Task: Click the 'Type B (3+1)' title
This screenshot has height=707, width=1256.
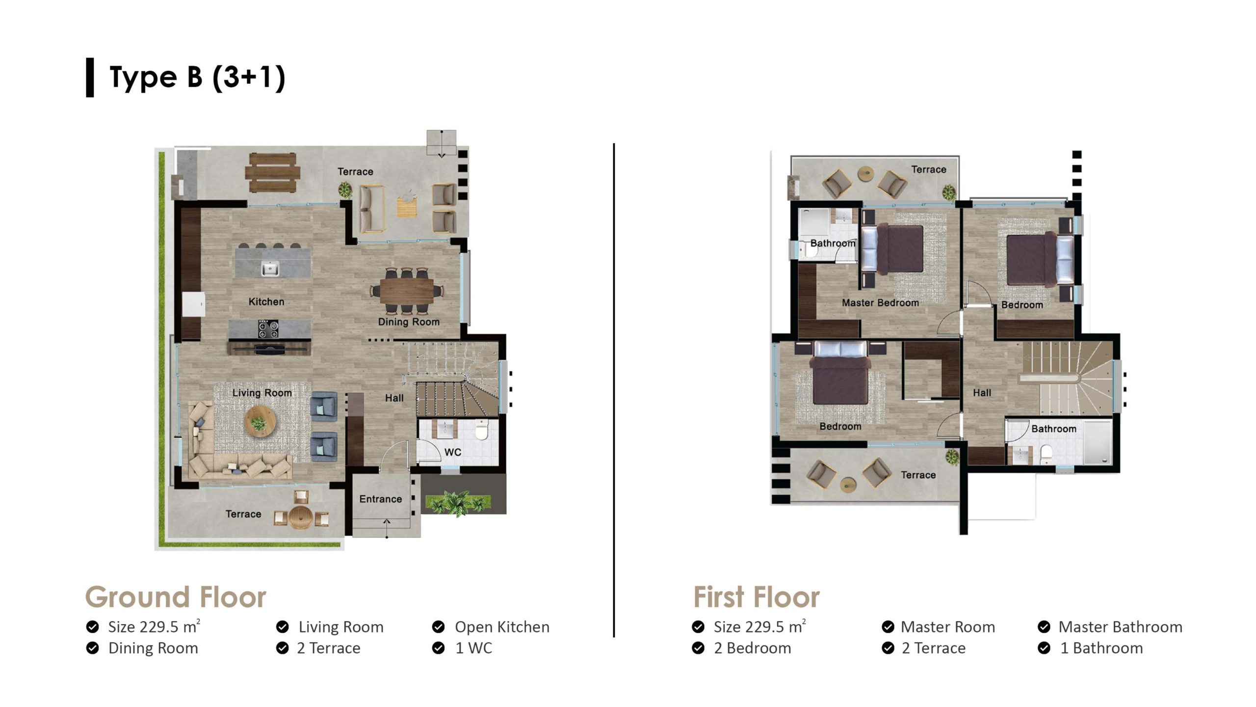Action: click(197, 78)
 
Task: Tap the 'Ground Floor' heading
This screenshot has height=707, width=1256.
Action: click(176, 597)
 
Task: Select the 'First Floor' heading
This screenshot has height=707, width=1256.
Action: click(756, 597)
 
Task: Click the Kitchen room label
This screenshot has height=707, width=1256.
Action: click(266, 301)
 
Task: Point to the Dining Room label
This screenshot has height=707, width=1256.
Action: click(409, 322)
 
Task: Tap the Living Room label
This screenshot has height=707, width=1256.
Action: click(262, 393)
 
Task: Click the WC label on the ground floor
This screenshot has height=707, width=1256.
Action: click(453, 452)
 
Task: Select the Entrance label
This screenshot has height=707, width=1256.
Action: click(381, 499)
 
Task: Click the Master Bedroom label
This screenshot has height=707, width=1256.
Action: click(881, 303)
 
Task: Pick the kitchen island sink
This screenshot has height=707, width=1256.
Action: click(269, 269)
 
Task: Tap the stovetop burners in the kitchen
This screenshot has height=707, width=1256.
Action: click(268, 328)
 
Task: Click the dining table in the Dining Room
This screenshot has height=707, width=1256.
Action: click(407, 291)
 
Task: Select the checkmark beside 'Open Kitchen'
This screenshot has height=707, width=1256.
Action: click(438, 627)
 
